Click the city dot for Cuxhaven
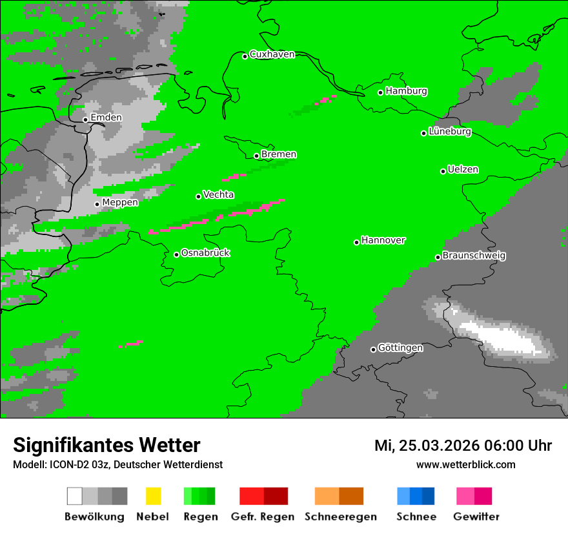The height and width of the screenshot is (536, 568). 245,56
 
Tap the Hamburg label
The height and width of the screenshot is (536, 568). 406,91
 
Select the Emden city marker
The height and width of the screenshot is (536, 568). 85,119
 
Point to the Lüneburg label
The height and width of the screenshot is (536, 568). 450,132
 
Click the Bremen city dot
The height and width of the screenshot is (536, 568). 256,156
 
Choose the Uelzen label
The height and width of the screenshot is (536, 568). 463,170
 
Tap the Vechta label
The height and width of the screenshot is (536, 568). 218,194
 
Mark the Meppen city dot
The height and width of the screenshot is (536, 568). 97,204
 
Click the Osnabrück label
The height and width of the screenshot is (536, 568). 205,253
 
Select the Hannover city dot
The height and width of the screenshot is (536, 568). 356,242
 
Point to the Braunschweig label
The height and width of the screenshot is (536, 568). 474,256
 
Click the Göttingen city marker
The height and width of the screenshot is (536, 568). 373,349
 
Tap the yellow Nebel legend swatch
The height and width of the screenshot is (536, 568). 153,496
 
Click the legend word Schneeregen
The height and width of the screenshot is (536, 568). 340,517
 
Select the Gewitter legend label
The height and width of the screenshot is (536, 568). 476,517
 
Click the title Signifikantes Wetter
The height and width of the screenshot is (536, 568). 107,445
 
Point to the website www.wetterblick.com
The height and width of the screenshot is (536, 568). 465,465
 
